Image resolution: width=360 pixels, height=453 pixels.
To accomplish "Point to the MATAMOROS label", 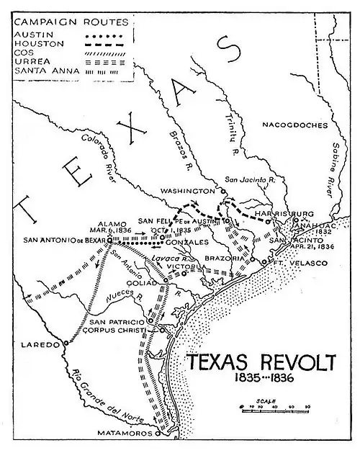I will pyautogui.click(x=125, y=434).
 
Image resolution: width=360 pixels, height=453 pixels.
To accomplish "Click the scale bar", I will pyautogui.click(x=272, y=408).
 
